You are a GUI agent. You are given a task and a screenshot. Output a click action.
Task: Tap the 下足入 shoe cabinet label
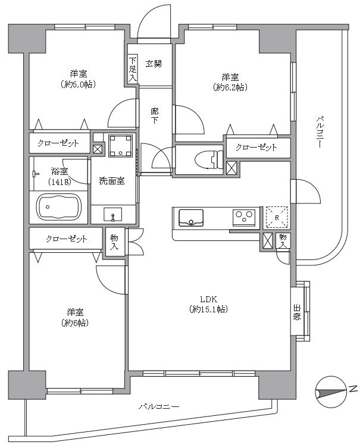[132, 68]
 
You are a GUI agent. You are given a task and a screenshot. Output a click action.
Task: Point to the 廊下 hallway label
[155, 115]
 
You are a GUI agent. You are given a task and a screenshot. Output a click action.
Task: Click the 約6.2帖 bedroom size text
[230, 87]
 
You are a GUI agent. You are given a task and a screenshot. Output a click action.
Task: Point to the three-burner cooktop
[244, 217]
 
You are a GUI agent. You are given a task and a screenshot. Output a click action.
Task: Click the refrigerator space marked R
[277, 217]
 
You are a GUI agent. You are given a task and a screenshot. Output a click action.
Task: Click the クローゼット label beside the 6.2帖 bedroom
[256, 147]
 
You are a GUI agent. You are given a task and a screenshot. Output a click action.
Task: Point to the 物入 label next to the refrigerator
[284, 241]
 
